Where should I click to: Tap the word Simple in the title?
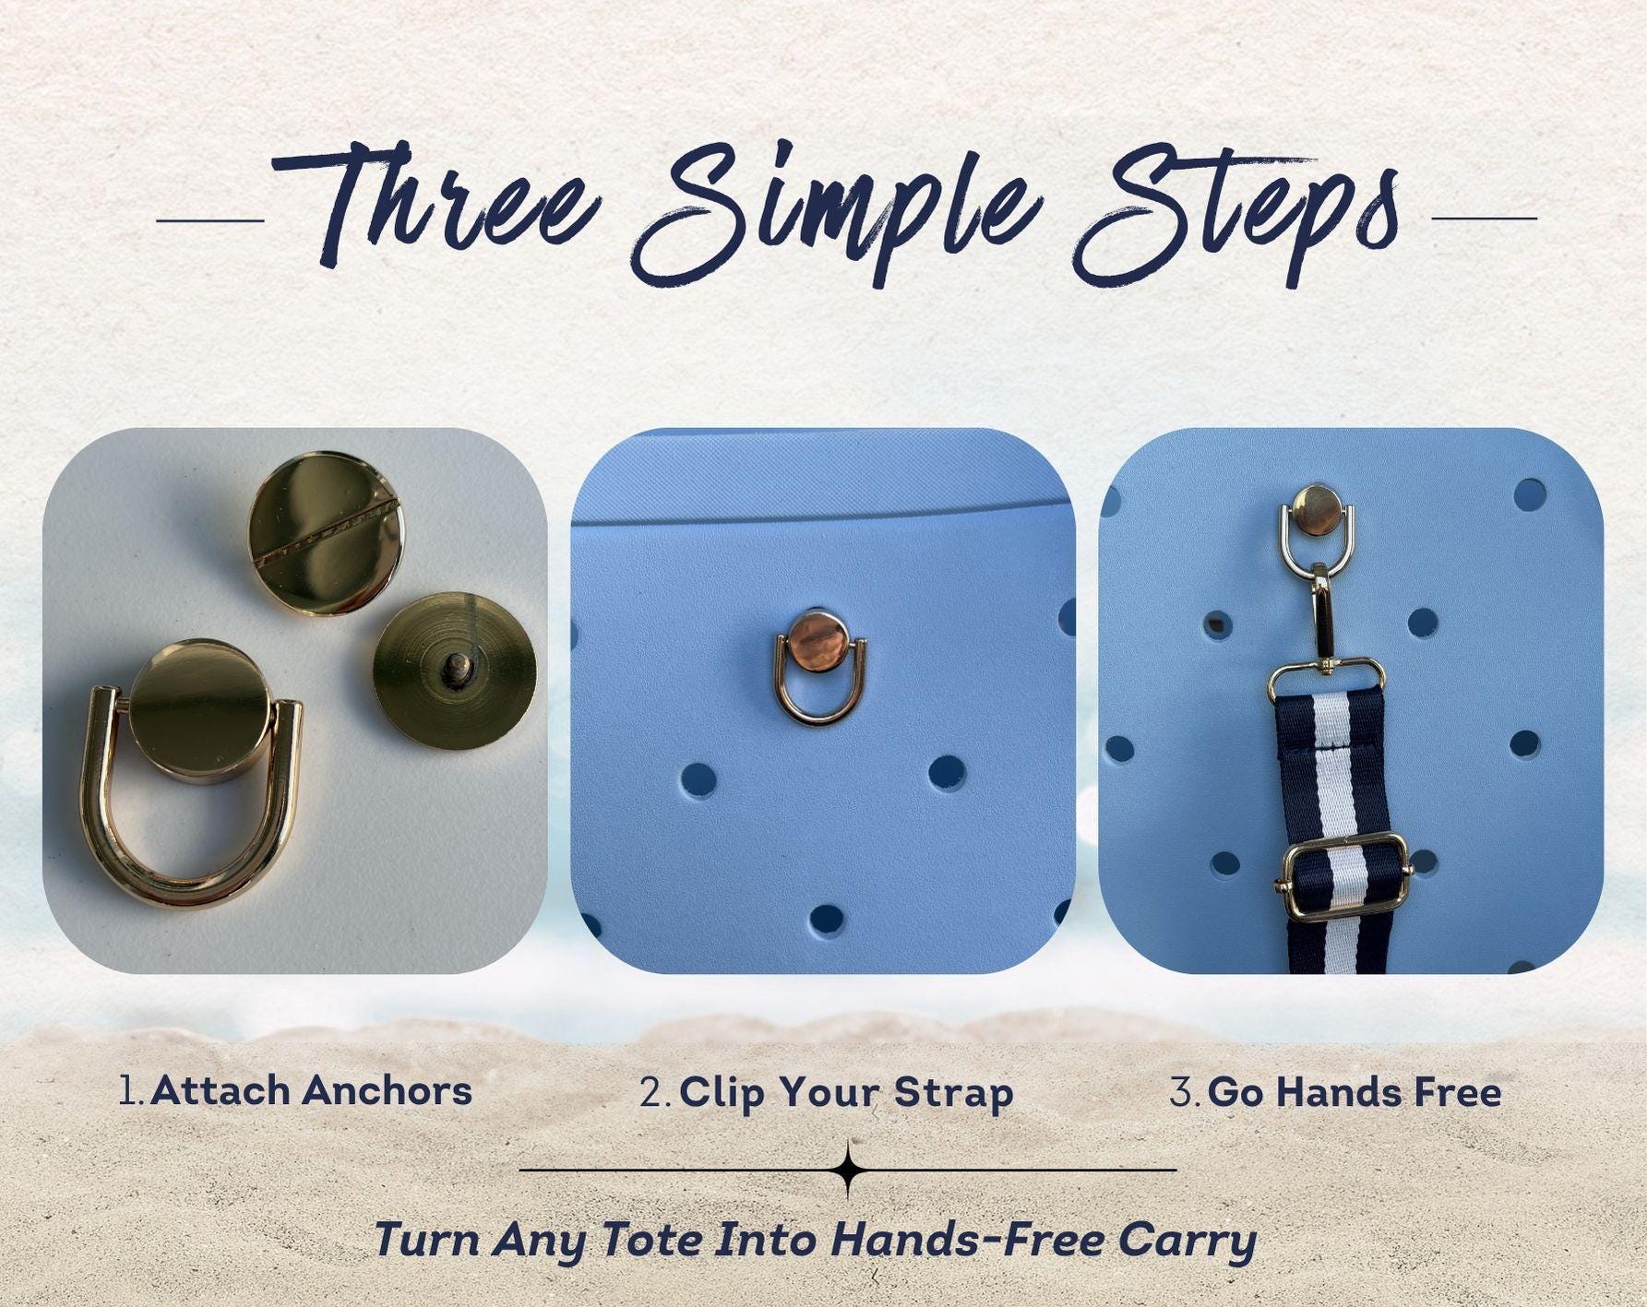(830, 210)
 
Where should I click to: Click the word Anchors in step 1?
(387, 1090)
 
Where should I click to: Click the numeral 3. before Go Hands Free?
(1185, 1093)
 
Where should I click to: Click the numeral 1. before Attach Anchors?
(132, 1091)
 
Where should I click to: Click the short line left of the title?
(210, 220)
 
